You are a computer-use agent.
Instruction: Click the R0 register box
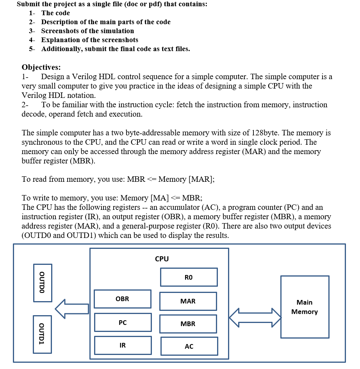coord(189,277)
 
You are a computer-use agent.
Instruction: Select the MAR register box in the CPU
coord(188,301)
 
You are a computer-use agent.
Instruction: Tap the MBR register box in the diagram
coord(188,324)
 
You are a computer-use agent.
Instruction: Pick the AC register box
coord(189,346)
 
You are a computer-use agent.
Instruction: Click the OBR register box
coord(122,299)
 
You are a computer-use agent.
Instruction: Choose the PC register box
coord(123,323)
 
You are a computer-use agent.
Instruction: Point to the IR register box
coord(123,345)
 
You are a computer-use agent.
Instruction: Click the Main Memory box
coord(305,307)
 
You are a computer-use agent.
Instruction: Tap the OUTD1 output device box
coord(42,334)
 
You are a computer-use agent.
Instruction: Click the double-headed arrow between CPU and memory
coord(255,317)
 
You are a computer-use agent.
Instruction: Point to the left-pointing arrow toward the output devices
coord(72,309)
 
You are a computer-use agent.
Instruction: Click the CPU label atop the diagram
coord(162,259)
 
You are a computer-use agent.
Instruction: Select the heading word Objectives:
coord(41,67)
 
